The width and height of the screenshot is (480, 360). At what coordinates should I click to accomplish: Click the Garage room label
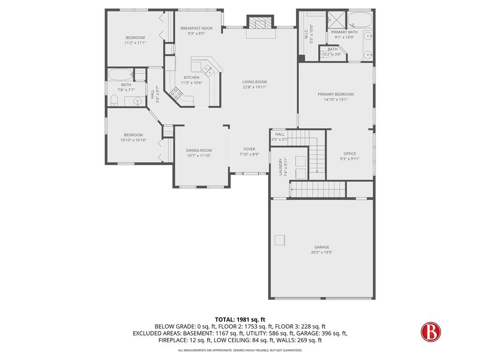[322, 247]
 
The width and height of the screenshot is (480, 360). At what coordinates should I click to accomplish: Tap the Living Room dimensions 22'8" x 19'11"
[255, 87]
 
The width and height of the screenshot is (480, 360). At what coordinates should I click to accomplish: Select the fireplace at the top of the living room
[259, 23]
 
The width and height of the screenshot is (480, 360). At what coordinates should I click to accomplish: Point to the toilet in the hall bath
[113, 100]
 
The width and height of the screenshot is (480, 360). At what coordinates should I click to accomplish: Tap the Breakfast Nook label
[196, 28]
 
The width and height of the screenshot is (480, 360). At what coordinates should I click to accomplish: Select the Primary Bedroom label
[336, 94]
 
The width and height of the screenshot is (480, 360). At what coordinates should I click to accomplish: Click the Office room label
[350, 153]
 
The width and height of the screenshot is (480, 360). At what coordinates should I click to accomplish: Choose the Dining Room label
[199, 150]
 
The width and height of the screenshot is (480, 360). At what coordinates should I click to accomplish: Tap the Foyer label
[249, 149]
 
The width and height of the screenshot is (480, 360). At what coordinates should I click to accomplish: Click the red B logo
[430, 331]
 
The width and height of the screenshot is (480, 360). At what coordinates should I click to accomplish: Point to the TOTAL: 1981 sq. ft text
[240, 320]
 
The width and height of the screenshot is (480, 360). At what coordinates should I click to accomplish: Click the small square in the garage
[280, 240]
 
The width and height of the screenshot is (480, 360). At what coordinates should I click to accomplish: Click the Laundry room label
[281, 167]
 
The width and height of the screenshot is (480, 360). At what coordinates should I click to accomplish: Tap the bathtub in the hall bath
[119, 75]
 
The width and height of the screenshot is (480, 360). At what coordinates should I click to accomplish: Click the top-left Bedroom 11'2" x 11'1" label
[135, 37]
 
